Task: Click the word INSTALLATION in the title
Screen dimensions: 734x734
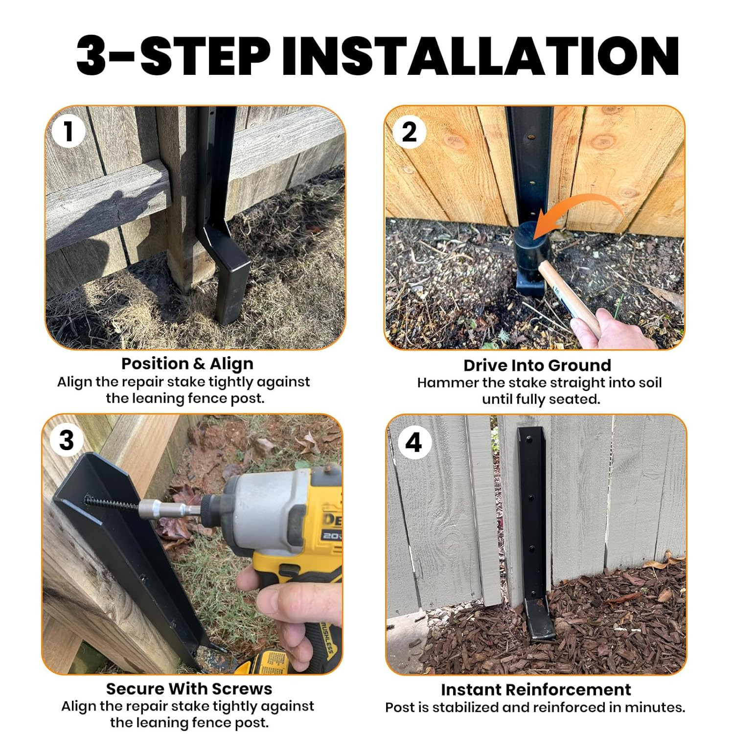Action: [480, 55]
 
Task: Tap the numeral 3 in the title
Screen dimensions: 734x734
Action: [92, 55]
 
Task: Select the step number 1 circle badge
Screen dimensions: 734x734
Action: [68, 131]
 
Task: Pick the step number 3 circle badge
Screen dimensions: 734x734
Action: [66, 440]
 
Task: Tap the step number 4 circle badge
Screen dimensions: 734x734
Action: [413, 442]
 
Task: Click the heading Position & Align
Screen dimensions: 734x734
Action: [187, 364]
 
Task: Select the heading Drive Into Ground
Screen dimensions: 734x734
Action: [537, 365]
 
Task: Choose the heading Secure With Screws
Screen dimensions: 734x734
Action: [189, 688]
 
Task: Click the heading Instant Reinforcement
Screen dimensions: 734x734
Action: [535, 689]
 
